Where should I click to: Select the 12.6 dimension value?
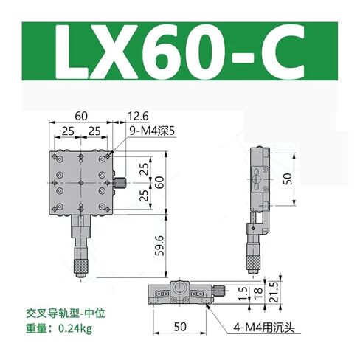138,116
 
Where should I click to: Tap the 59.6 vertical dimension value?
159,246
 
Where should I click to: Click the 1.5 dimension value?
243,294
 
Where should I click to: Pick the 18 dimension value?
258,294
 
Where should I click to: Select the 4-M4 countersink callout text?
264,328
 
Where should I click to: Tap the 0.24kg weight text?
75,328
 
